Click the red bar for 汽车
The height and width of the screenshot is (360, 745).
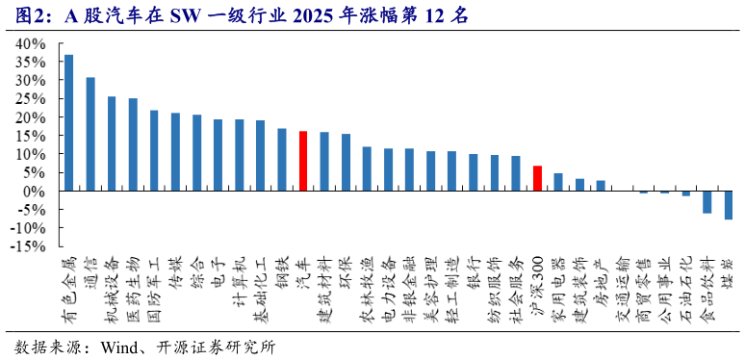coord(303,161)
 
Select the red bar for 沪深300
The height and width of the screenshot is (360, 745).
coord(537,178)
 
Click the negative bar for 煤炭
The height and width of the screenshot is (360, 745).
coord(729,205)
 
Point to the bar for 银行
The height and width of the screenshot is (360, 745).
coord(474,172)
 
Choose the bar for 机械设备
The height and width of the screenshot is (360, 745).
coord(112,143)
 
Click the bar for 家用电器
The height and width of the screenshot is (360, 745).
coord(558,182)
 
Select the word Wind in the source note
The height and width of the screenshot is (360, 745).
coord(119,347)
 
